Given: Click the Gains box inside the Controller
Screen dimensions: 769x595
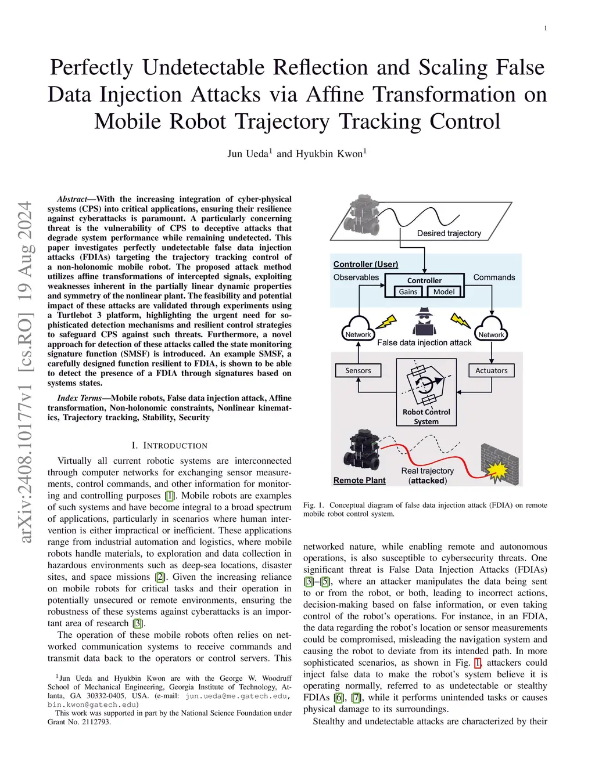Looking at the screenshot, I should (408, 292).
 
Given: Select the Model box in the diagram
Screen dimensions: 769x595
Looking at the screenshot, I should (444, 292).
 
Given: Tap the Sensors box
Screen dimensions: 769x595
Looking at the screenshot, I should (358, 370).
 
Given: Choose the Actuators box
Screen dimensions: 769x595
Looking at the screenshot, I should (492, 370).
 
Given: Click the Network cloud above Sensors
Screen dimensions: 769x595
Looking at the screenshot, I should (358, 329).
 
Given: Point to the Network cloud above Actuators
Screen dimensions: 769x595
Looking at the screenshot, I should (492, 329).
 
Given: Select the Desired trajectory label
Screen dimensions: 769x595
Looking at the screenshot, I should (449, 233).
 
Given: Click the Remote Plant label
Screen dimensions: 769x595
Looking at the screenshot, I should (359, 481).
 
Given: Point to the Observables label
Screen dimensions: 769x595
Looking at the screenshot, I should (356, 277).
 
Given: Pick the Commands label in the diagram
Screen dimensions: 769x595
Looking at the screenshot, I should (494, 277).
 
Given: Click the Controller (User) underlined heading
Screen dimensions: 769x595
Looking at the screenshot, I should (365, 264).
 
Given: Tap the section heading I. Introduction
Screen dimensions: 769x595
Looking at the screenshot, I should (169, 446).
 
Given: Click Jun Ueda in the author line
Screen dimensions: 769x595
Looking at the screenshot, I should (248, 154).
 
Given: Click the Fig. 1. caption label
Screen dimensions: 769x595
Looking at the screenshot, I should (314, 505).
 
